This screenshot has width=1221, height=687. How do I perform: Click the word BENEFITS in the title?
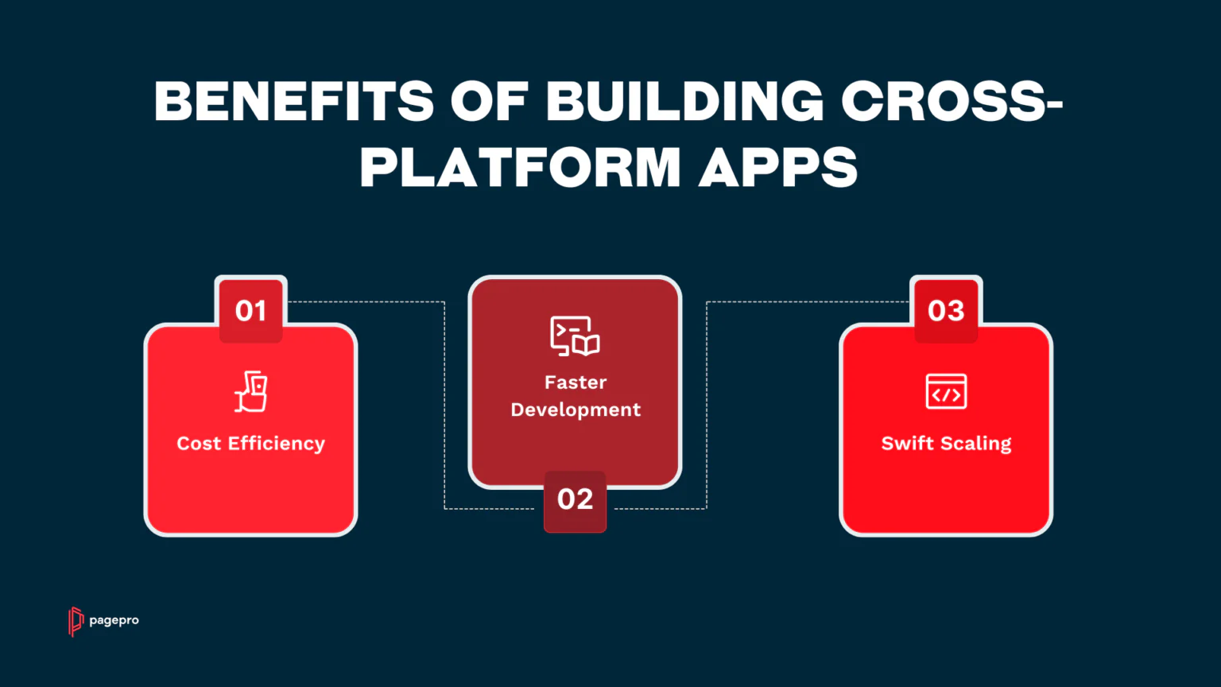[294, 101]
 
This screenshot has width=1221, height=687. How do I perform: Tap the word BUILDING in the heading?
[685, 101]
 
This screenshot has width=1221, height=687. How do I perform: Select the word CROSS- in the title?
[952, 101]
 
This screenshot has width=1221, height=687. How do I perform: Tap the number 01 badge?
[250, 310]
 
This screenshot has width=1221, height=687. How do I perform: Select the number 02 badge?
[575, 499]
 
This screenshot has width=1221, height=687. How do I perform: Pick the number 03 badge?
[946, 310]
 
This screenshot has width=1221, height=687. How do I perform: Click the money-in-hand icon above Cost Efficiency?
[250, 391]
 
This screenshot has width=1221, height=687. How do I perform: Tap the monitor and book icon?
[575, 336]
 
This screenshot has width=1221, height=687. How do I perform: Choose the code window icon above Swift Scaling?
[946, 391]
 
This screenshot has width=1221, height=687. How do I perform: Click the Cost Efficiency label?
[250, 443]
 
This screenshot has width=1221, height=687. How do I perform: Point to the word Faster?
[576, 382]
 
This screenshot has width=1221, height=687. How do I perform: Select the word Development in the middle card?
[576, 409]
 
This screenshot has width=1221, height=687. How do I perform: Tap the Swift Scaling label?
[946, 443]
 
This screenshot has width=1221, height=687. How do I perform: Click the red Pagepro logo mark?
[76, 622]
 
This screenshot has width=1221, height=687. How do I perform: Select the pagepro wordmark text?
[114, 620]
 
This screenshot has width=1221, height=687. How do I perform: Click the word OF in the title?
[490, 101]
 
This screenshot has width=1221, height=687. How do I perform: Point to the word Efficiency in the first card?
[277, 443]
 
